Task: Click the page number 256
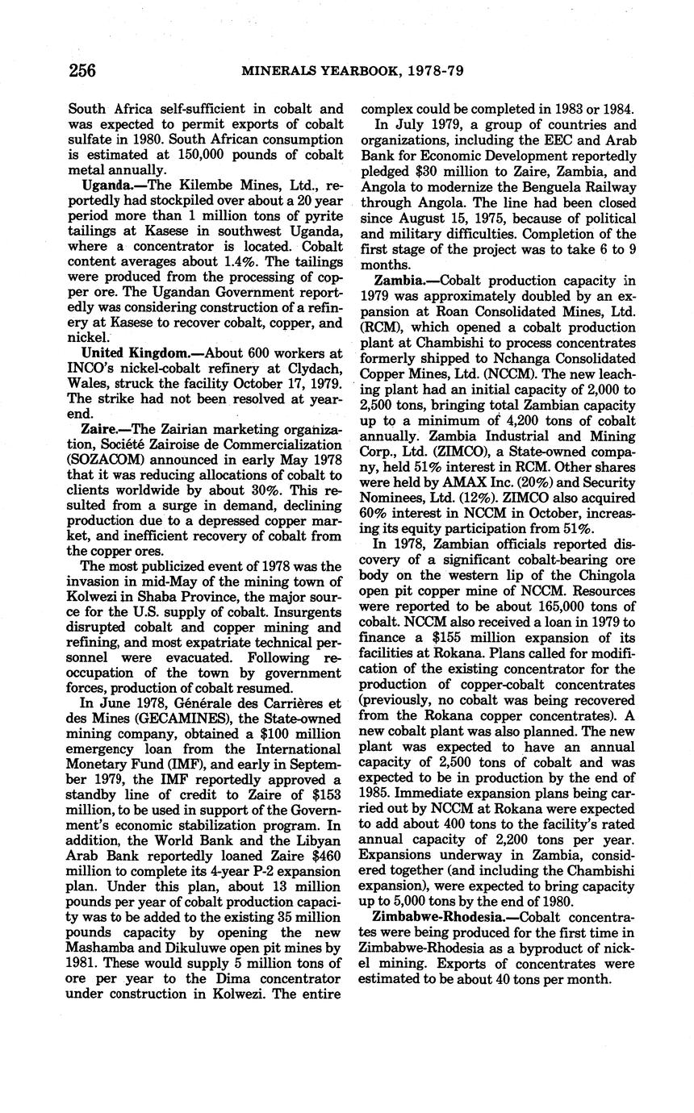82,70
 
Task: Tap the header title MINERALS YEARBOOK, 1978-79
353,71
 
